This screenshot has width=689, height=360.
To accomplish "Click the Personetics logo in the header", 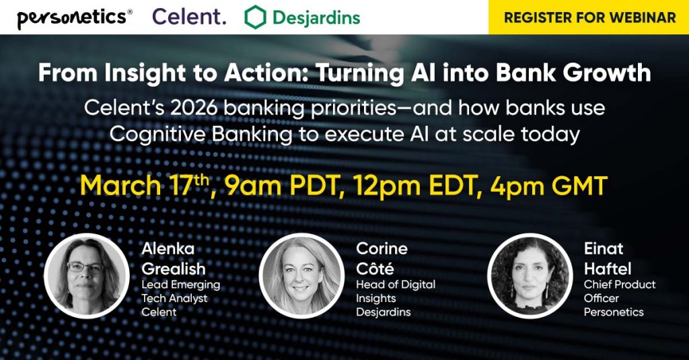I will [74, 17].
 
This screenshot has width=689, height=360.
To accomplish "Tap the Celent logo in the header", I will [189, 17].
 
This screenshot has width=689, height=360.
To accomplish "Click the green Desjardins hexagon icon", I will [255, 17].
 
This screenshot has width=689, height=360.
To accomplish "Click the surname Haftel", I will [608, 268].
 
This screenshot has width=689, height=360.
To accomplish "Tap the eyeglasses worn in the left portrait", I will [86, 267].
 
